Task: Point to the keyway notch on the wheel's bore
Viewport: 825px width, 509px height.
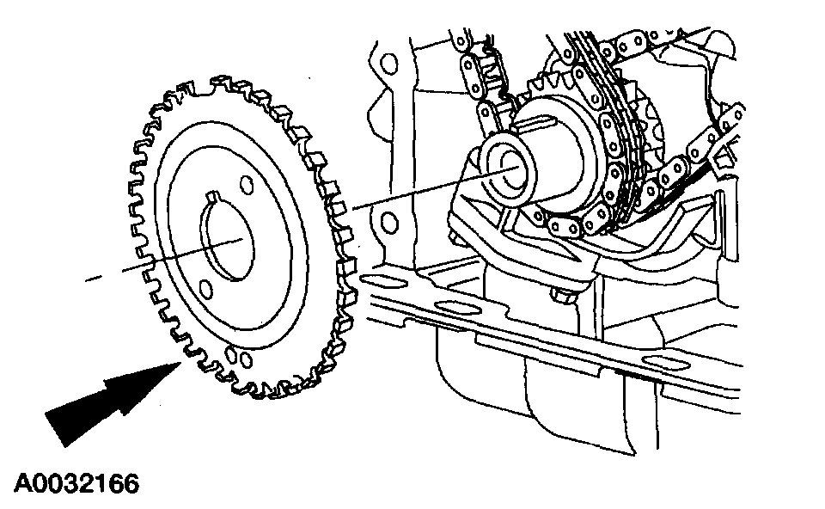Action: tap(212, 197)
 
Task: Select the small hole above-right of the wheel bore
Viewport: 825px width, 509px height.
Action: tap(246, 185)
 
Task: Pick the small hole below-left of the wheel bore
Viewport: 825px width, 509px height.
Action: tap(206, 290)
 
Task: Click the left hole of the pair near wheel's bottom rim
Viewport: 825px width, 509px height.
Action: tap(230, 355)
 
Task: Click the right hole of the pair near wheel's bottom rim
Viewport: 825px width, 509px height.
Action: tap(245, 360)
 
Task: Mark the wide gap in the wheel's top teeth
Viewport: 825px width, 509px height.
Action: tap(200, 89)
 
